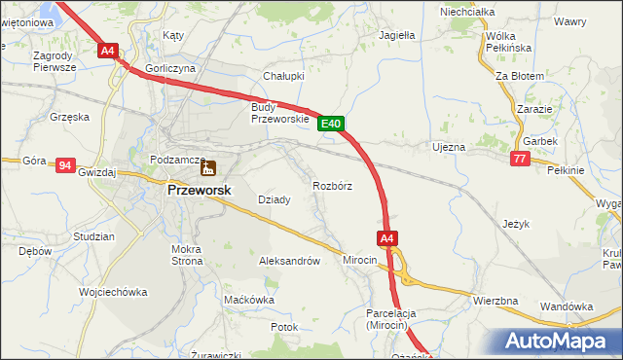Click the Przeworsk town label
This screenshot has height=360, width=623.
(x=199, y=191)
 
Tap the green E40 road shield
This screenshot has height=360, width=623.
(x=331, y=124)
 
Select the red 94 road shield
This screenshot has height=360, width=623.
(x=65, y=165)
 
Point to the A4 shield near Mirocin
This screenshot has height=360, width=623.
(x=386, y=238)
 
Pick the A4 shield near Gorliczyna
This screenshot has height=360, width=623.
(x=107, y=51)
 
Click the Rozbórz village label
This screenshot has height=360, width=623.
(x=332, y=185)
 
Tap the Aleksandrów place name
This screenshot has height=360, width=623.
(x=289, y=261)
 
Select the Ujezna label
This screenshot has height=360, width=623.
(x=448, y=147)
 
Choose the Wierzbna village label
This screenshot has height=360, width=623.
(x=495, y=301)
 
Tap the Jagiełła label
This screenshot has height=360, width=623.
(x=396, y=34)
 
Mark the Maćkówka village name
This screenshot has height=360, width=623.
(x=248, y=300)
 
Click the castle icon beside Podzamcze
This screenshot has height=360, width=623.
(x=207, y=166)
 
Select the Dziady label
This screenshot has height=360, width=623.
(x=274, y=199)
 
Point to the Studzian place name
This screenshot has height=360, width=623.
(x=93, y=236)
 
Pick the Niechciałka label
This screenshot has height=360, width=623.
(x=467, y=12)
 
